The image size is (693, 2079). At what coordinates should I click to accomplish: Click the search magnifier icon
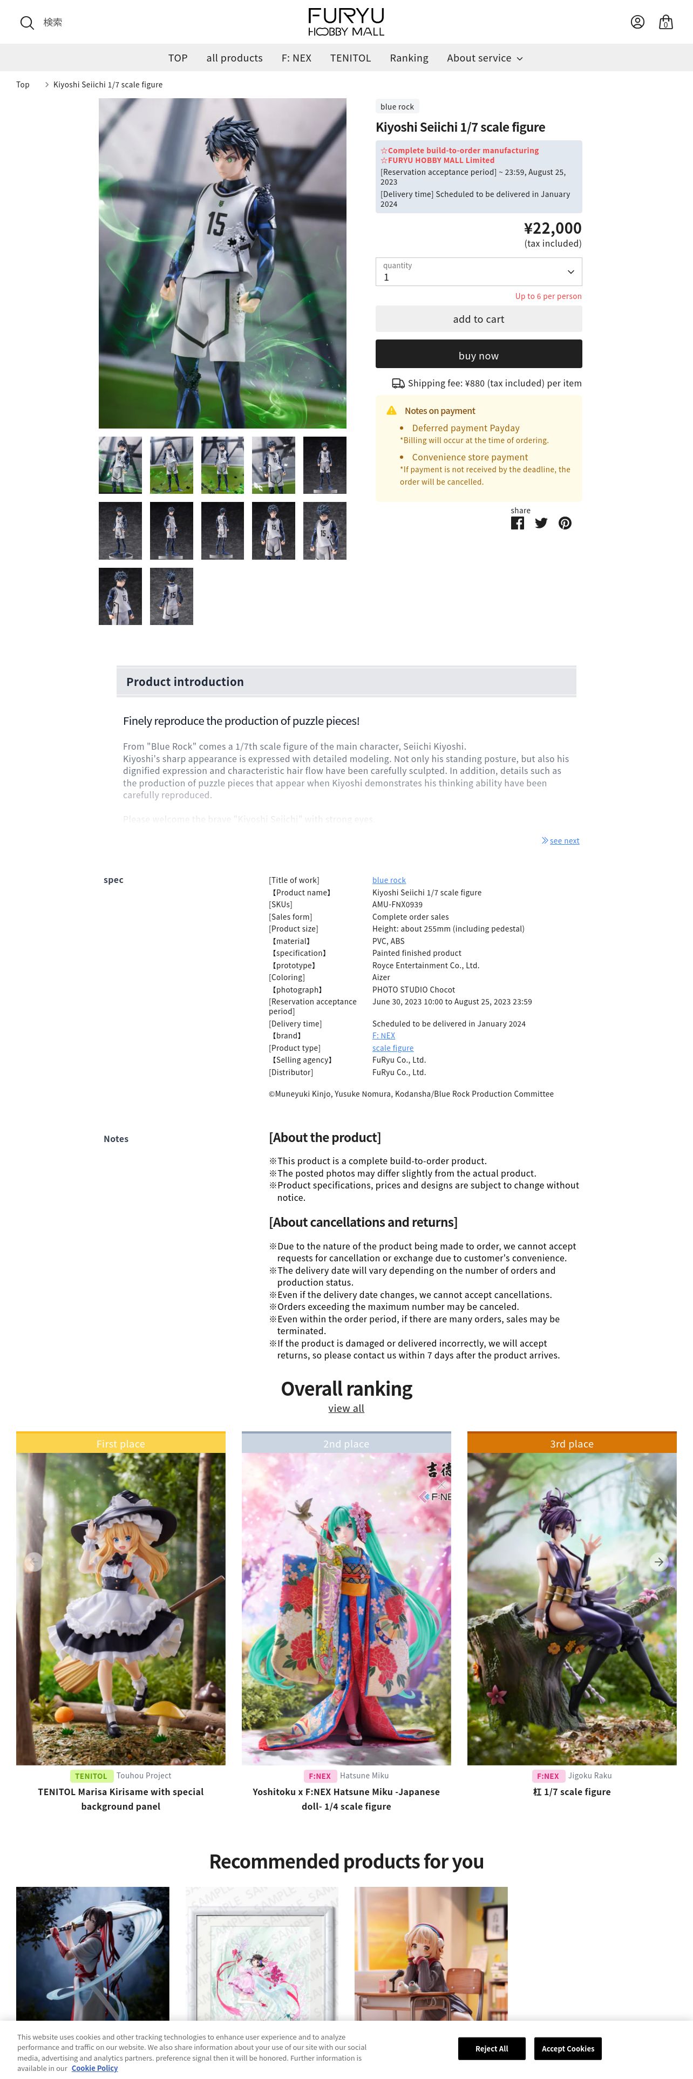[26, 23]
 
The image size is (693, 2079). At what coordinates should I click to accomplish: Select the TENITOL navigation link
[350, 58]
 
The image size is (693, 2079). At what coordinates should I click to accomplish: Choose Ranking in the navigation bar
[409, 58]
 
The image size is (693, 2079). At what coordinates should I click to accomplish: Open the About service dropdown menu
[485, 58]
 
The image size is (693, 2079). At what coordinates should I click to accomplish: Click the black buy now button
[478, 355]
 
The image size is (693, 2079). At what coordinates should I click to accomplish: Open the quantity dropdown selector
[478, 272]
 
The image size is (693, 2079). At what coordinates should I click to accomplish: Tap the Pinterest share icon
[565, 523]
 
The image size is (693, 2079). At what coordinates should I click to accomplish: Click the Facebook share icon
[517, 523]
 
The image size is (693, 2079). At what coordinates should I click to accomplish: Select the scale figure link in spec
[393, 1048]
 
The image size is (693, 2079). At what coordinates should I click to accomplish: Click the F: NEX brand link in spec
[383, 1036]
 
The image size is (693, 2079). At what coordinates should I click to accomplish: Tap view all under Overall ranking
[346, 1408]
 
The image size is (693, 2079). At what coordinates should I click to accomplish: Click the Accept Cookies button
[568, 2048]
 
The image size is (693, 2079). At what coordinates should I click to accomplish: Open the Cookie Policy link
[94, 2069]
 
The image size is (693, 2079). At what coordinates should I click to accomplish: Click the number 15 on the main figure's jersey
[215, 223]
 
